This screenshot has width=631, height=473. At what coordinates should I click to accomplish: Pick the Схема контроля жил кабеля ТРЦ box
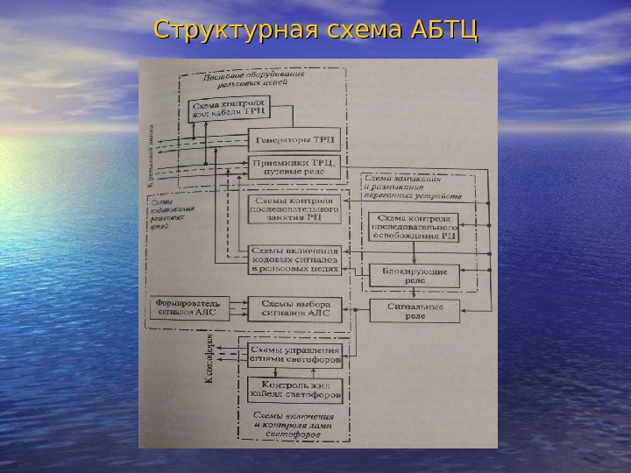click(x=229, y=109)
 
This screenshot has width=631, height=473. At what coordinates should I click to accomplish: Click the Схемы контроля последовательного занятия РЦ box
click(x=294, y=210)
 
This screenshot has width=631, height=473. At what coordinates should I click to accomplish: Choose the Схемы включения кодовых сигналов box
click(x=294, y=260)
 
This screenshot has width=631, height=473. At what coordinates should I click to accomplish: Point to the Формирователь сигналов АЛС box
click(x=189, y=307)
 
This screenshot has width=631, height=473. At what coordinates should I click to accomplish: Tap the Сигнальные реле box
click(x=415, y=311)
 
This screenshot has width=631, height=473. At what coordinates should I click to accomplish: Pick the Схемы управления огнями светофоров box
click(x=294, y=354)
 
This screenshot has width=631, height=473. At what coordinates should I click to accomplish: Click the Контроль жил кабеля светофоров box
click(x=294, y=388)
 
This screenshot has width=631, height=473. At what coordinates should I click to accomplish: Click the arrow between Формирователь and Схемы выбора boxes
click(x=239, y=307)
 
